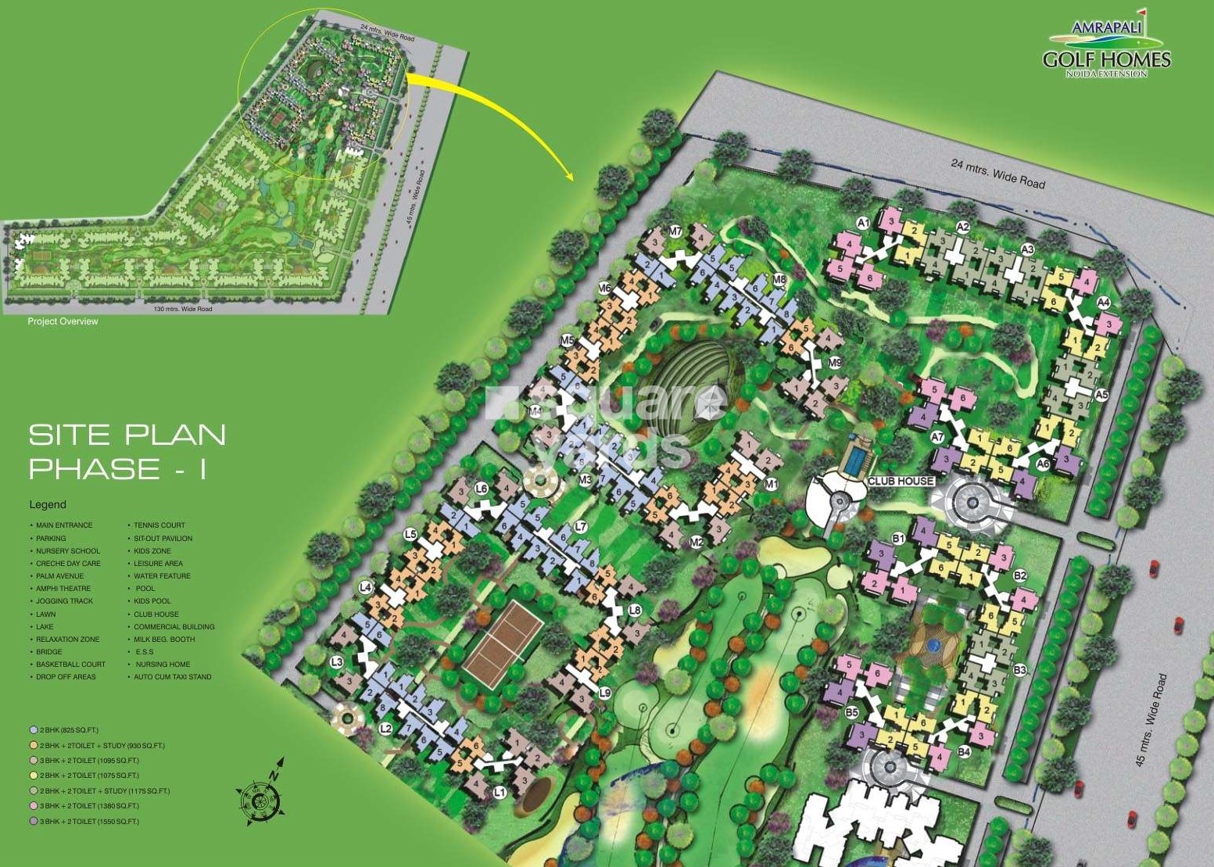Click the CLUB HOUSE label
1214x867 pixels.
(x=901, y=481)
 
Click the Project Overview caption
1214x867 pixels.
(x=63, y=321)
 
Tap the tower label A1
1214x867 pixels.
(x=863, y=224)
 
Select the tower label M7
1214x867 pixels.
(x=676, y=231)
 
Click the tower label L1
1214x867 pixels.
(x=500, y=792)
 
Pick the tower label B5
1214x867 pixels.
(x=851, y=712)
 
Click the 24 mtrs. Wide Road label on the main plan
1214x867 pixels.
(x=997, y=174)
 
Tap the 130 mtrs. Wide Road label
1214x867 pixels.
(x=184, y=310)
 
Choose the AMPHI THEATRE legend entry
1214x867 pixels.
(x=63, y=589)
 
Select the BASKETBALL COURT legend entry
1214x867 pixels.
(x=70, y=665)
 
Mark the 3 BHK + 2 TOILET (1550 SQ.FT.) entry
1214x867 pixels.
(x=88, y=822)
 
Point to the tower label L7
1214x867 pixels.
(x=580, y=527)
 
